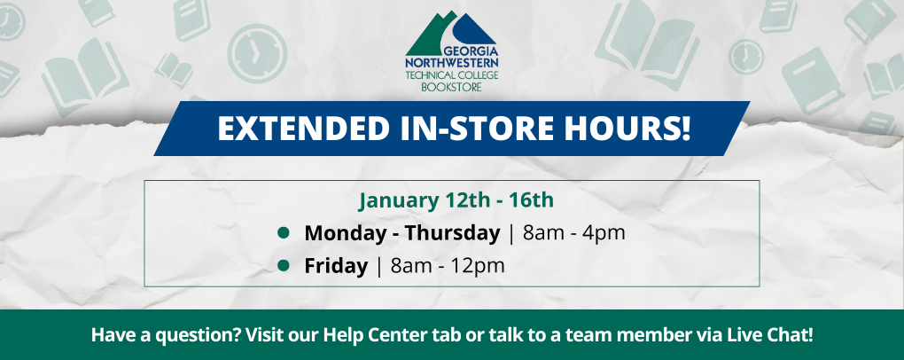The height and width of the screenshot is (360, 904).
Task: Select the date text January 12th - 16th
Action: (x=456, y=200)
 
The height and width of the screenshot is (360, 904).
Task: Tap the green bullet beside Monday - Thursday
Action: (x=284, y=233)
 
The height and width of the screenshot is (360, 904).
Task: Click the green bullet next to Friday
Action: (x=284, y=264)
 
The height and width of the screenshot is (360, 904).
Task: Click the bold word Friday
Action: (x=336, y=265)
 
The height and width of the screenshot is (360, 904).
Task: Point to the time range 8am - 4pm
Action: (x=574, y=233)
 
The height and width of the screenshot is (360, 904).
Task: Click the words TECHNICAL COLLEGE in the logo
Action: (x=451, y=75)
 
